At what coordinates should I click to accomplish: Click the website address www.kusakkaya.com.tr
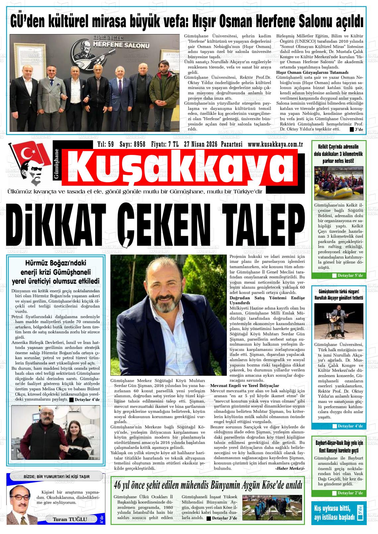tap(276, 144)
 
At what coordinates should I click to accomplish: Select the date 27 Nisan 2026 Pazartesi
tap(213, 144)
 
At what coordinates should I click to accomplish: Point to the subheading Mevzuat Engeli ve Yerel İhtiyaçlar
tap(245, 386)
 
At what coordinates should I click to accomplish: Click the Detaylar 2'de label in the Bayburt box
tap(350, 493)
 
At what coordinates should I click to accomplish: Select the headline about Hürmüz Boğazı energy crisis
tap(56, 272)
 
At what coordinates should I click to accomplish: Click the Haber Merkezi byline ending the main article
tap(289, 469)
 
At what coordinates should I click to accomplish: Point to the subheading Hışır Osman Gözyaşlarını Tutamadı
tap(312, 72)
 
